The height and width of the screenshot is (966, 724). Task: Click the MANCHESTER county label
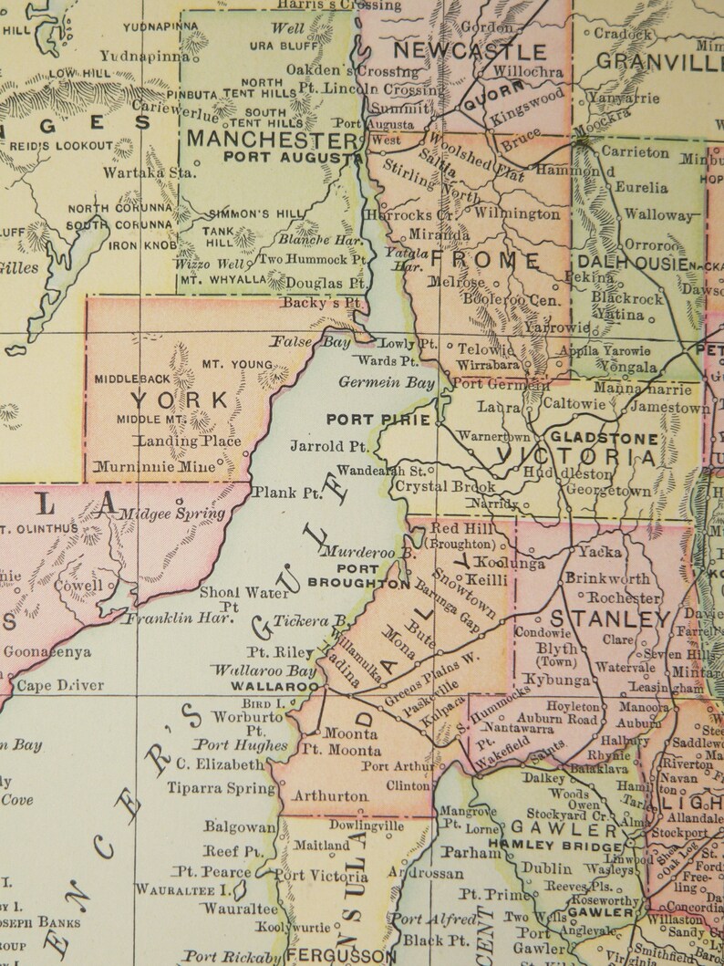coord(272,140)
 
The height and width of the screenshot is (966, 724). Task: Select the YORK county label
coord(180,400)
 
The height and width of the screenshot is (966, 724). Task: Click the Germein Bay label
coord(387,382)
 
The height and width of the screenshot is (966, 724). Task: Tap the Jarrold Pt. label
coord(329,447)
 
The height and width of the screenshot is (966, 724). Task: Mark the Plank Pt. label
coord(287,492)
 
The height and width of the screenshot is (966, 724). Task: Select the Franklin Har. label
coord(180,618)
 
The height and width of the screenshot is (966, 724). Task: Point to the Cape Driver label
coord(60,685)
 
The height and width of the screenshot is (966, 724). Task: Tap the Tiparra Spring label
coord(215,787)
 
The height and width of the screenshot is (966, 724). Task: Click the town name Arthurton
coord(330,795)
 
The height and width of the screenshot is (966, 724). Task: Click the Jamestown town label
coord(669,409)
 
